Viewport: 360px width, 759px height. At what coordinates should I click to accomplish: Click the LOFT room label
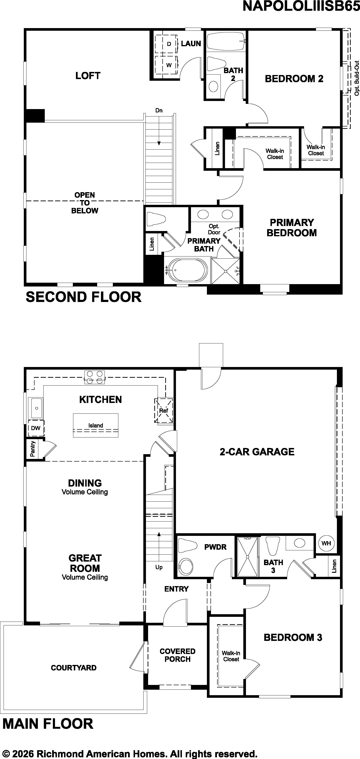tap(88, 76)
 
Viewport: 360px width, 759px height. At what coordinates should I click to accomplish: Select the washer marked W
tap(166, 65)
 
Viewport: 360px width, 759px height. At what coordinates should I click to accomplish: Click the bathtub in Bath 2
tap(226, 41)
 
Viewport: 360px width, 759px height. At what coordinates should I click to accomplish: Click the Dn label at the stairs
tap(159, 111)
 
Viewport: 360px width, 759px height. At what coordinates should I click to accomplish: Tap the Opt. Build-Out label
tap(357, 78)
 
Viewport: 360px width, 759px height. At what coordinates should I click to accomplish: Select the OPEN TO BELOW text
tap(85, 203)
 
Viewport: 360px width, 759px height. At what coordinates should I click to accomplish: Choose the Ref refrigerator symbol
tap(164, 410)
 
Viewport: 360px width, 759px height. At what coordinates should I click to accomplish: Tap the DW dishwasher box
tap(36, 428)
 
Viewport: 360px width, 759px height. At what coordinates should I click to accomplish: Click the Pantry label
tap(32, 449)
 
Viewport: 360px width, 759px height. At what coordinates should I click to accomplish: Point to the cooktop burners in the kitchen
tap(95, 377)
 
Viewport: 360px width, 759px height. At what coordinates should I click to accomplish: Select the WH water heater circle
tap(326, 543)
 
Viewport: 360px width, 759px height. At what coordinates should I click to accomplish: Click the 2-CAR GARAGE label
tap(257, 452)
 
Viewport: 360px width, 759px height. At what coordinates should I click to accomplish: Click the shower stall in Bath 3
tap(247, 557)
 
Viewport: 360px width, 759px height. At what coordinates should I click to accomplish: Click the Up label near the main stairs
tap(159, 567)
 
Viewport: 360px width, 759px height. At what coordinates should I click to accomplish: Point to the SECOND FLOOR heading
tap(84, 297)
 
